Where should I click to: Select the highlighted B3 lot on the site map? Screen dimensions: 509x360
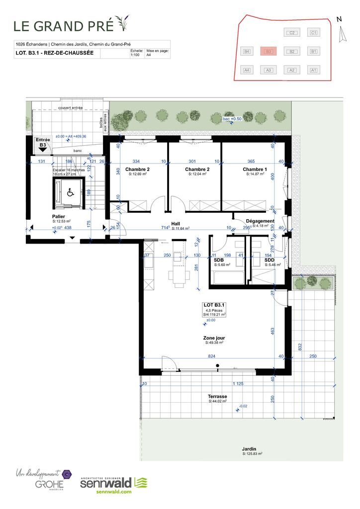[x=268, y=51]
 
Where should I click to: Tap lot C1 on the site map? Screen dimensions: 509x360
[x=313, y=33]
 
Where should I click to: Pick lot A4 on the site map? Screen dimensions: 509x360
[x=247, y=70]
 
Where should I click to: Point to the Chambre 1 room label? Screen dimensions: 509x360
[x=255, y=170]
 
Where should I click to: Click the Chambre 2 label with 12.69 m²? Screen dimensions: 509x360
[x=138, y=170]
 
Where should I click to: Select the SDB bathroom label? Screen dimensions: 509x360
[x=219, y=260]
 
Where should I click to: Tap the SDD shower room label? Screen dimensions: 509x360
[x=269, y=260]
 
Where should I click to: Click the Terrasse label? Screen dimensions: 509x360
[x=218, y=396]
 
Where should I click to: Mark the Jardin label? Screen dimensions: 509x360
[x=252, y=449]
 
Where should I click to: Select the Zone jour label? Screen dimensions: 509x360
[x=213, y=338]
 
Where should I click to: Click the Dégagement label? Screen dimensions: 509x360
[x=260, y=221]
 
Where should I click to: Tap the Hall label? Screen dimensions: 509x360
[x=176, y=224]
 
